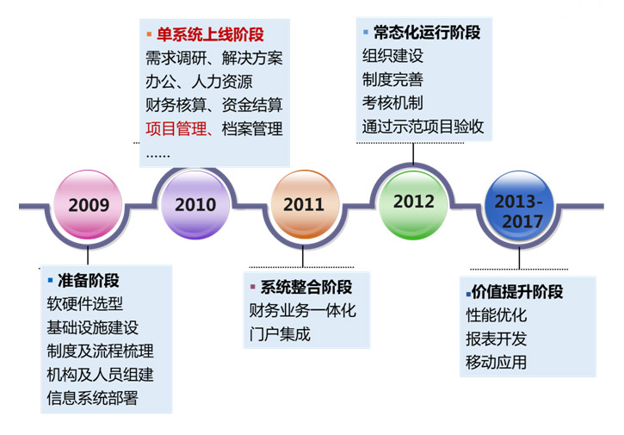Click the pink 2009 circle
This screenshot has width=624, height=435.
[88, 204]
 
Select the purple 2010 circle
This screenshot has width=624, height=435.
[195, 204]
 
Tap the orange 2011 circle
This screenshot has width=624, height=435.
[305, 204]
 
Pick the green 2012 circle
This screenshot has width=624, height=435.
[413, 205]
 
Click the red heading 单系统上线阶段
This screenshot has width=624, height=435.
[210, 34]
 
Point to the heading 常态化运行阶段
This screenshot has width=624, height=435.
[427, 33]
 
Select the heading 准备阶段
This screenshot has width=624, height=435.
[89, 281]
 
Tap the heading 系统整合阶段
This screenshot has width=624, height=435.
[306, 287]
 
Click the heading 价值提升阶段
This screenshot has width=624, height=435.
[517, 292]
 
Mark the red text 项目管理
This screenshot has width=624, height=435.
[176, 128]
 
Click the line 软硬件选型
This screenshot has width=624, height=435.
[84, 304]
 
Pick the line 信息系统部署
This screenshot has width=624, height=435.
[92, 398]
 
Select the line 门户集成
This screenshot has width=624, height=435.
[280, 334]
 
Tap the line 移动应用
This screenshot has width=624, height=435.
[497, 363]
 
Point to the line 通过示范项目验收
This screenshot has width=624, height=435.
[423, 127]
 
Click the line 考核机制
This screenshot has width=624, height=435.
[392, 103]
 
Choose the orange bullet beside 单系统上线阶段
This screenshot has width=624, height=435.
[149, 34]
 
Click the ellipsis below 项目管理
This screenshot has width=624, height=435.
[158, 156]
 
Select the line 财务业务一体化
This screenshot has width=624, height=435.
[302, 311]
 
